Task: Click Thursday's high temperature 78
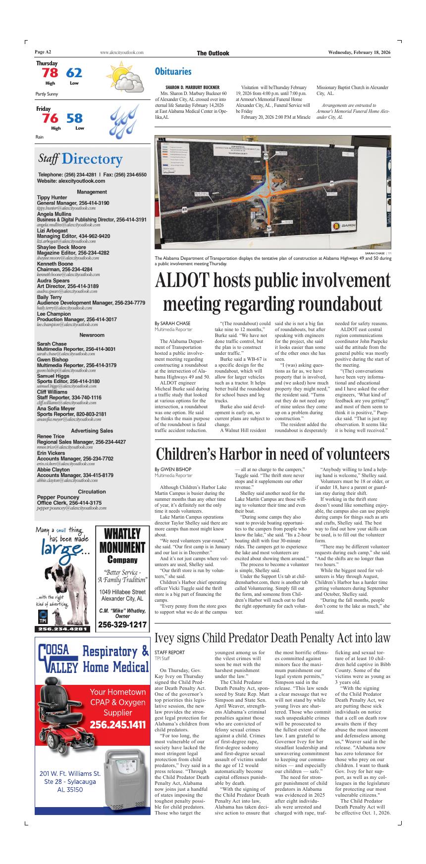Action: pyautogui.click(x=50, y=73)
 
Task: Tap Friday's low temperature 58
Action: pyautogui.click(x=75, y=118)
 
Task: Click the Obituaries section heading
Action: pyautogui.click(x=173, y=72)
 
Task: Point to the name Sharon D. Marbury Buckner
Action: pyautogui.click(x=192, y=87)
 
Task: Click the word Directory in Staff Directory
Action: pyautogui.click(x=92, y=159)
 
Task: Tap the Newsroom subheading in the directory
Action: pyautogui.click(x=92, y=335)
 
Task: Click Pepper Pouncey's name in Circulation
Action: pyautogui.click(x=58, y=497)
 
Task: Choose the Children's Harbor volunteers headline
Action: pyautogui.click(x=273, y=454)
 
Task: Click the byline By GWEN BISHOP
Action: pyautogui.click(x=172, y=469)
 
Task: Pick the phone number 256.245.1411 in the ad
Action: pyautogui.click(x=117, y=725)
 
